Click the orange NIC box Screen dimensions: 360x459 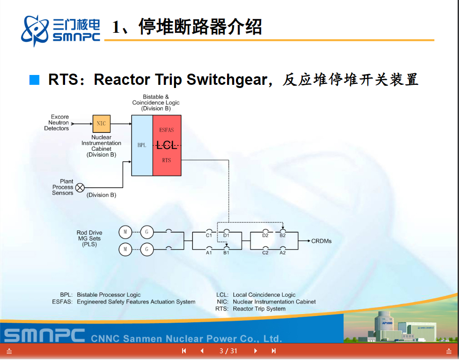coord(101,123)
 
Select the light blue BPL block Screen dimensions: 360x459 coord(142,145)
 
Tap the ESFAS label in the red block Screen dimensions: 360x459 coord(166,130)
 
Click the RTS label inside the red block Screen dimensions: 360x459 coord(166,160)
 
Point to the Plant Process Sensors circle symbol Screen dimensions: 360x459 coord(80,188)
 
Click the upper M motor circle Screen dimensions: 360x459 coord(125,232)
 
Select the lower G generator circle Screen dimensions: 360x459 coord(147,249)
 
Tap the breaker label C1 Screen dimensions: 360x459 coord(209,235)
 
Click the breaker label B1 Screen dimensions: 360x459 coord(226,253)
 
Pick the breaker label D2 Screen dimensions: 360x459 coord(265,235)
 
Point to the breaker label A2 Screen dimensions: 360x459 coord(283,253)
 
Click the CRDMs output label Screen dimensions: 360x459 coord(321,241)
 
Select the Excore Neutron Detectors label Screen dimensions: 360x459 coord(57,123)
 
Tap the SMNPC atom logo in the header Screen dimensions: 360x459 coord(35,30)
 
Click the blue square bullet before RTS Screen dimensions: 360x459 coord(35,80)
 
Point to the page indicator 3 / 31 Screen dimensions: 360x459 coord(228,351)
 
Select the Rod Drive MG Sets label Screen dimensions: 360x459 coord(89,238)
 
